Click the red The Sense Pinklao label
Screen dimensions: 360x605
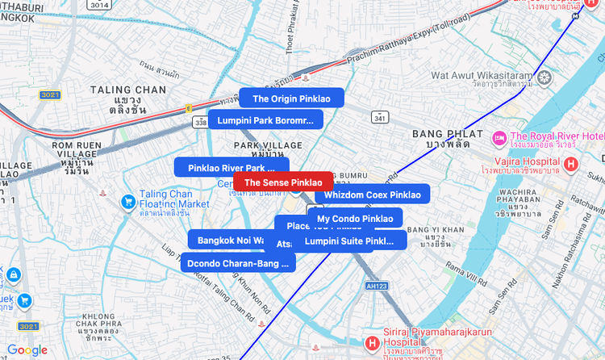tap(282, 183)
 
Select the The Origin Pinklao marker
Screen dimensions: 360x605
tap(291, 98)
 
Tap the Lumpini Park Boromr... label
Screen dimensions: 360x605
tap(265, 120)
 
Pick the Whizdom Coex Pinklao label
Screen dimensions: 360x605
tap(372, 195)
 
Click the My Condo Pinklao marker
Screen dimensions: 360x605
tap(355, 219)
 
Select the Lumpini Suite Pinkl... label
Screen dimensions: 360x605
tap(349, 241)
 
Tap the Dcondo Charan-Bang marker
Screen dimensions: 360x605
tap(237, 263)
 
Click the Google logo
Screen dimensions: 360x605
tap(27, 350)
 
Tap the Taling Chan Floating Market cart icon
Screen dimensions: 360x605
tap(127, 201)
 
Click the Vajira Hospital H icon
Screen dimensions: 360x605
tap(571, 165)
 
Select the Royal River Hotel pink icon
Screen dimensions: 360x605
tap(499, 137)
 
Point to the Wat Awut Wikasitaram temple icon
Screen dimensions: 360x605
tap(546, 78)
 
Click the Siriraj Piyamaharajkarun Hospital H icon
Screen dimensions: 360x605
tap(372, 344)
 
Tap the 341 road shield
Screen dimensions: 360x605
tap(379, 118)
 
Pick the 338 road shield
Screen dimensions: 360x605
tap(200, 122)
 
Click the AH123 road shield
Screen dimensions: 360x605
tap(375, 286)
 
